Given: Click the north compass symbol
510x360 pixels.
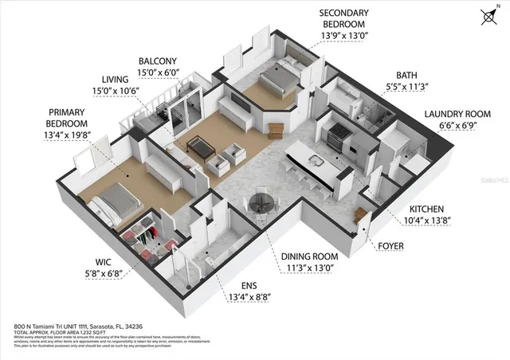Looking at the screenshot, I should coord(488,15).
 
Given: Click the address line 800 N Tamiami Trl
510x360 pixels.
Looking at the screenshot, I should coord(79,327).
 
